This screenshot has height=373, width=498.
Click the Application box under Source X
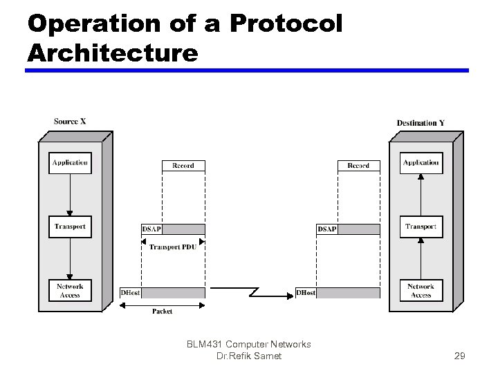point(70,163)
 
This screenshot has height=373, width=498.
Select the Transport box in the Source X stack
point(70,227)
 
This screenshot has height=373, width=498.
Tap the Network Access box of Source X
point(70,291)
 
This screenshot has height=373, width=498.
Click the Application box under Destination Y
point(421,163)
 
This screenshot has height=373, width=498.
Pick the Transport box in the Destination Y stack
point(421,227)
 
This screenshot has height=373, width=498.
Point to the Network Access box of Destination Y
point(421,291)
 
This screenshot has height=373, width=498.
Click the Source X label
point(70,122)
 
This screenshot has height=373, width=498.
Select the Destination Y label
point(421,123)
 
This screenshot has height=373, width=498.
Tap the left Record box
point(183,166)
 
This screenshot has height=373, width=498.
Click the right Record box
point(358,166)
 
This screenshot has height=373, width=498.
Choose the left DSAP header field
point(152,229)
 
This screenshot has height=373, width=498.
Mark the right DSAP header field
point(327,229)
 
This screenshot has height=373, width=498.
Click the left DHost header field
point(131,293)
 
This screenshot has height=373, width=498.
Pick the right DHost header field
point(306,293)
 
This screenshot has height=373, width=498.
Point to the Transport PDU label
point(173,247)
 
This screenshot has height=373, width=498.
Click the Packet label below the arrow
point(163,312)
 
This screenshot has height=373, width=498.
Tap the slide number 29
point(459,356)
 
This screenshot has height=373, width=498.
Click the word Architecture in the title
point(113,52)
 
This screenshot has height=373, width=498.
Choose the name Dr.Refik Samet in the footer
point(249,356)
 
